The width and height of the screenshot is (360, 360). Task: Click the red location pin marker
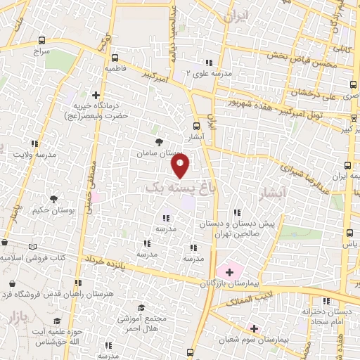pyautogui.click(x=181, y=165)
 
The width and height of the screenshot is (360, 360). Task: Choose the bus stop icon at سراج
pyautogui.click(x=42, y=41)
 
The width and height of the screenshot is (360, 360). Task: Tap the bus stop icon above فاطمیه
pyautogui.click(x=114, y=58)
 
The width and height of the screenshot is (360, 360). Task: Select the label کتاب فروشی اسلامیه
pyautogui.click(x=32, y=257)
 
